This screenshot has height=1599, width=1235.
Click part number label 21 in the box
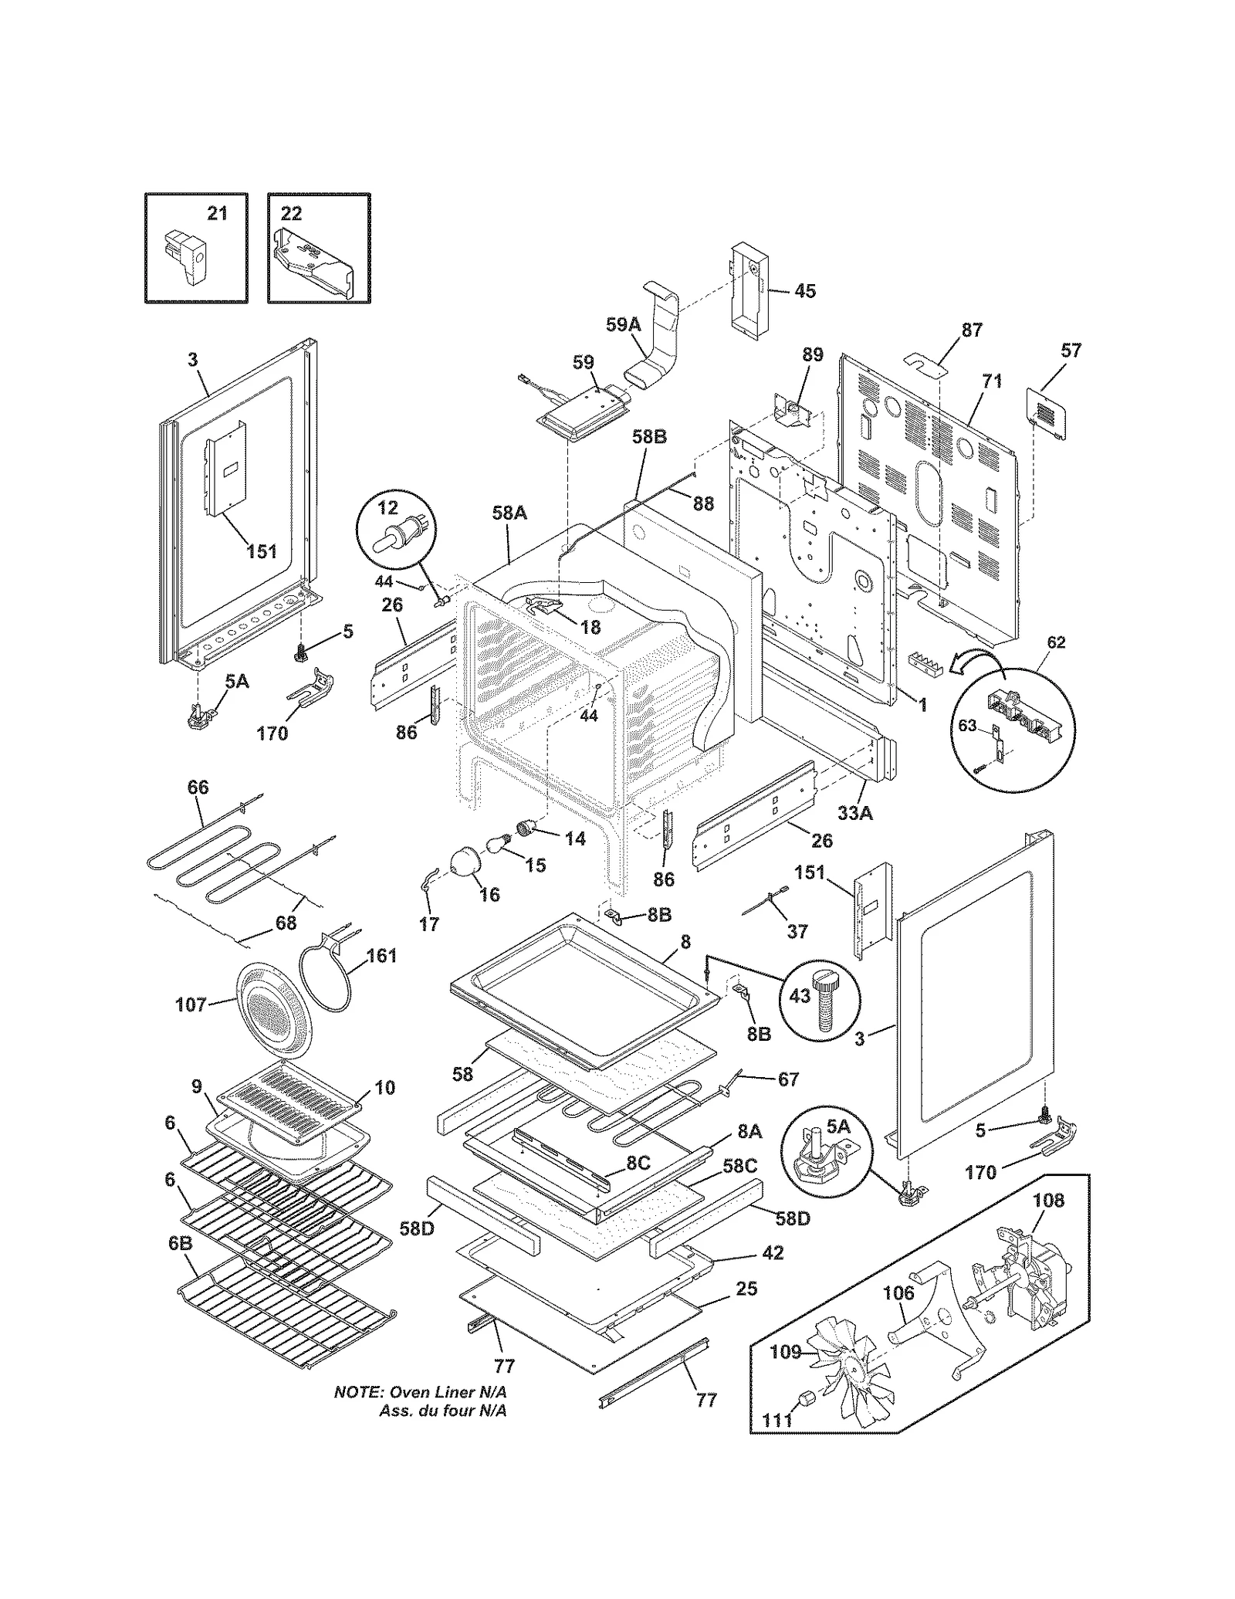218,213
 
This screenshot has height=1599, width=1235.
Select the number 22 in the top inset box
291,213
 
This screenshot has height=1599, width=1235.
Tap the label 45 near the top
804,291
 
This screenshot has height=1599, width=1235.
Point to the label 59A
623,325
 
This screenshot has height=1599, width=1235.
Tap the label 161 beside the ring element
381,956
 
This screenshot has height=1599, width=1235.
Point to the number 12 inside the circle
387,507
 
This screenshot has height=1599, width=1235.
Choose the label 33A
854,812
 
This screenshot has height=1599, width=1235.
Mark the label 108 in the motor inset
1047,1201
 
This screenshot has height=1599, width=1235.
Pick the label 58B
649,436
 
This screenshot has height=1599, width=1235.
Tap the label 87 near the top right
972,330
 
